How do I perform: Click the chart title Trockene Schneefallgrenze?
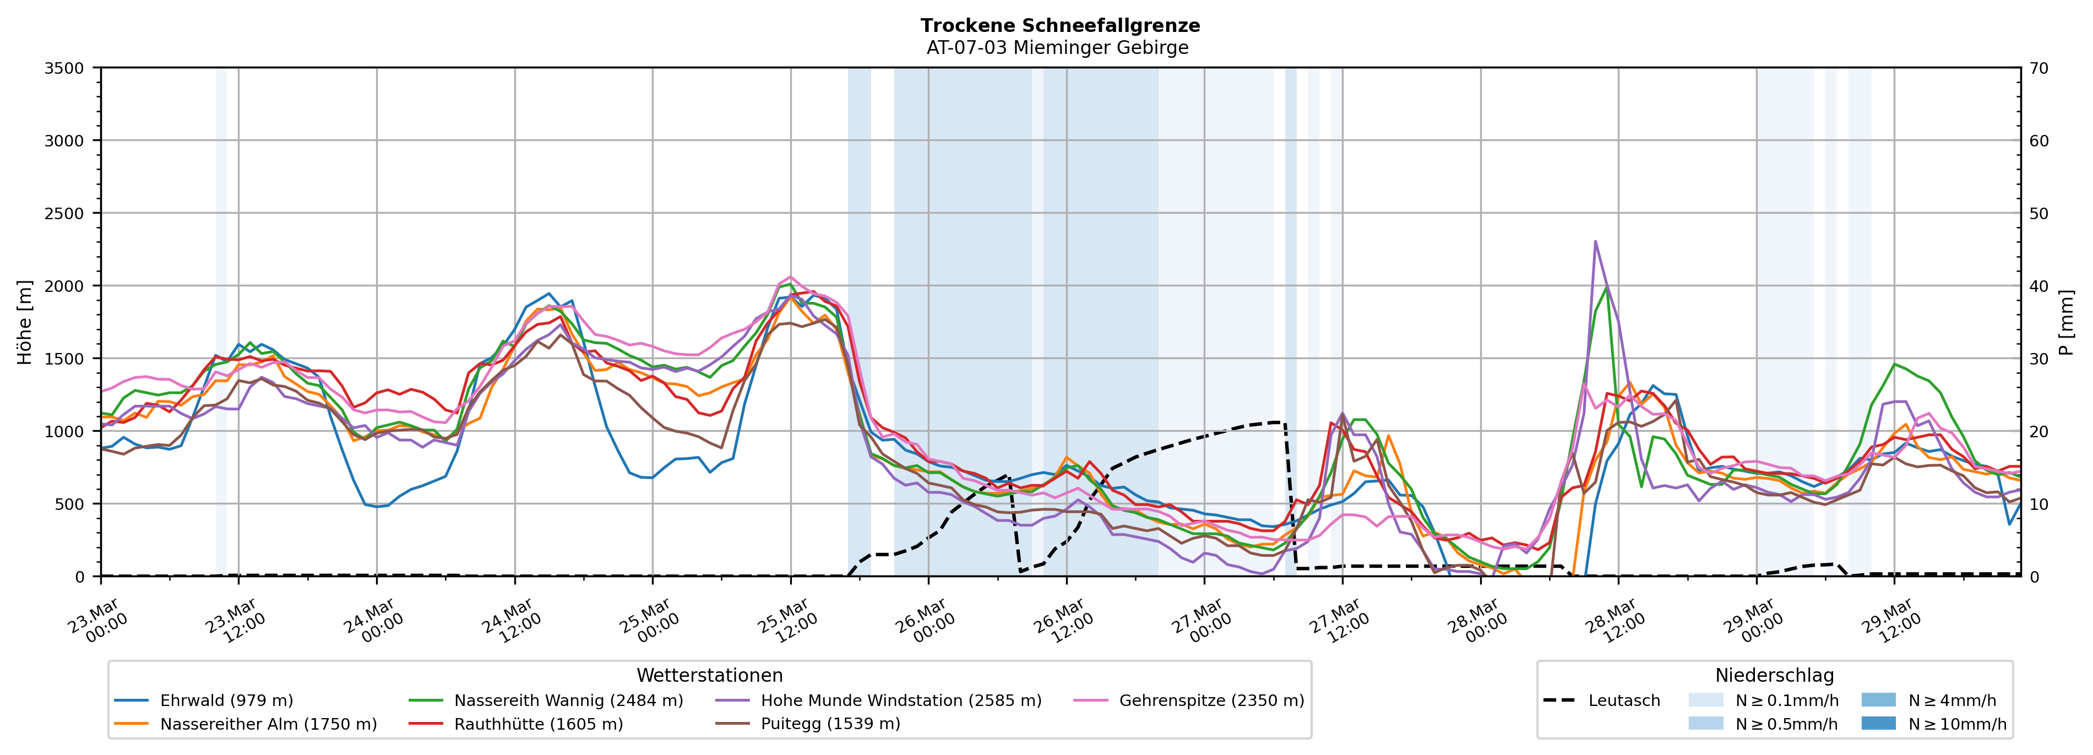click(1059, 25)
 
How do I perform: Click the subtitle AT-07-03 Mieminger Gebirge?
click(1057, 48)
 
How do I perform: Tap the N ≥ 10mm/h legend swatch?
click(1878, 723)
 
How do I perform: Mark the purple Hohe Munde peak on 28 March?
click(1595, 241)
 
